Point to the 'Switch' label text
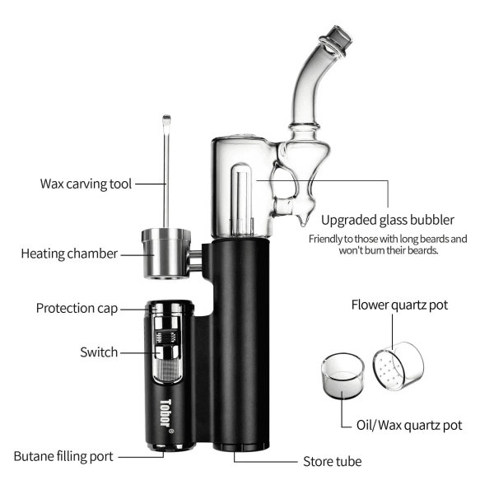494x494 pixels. (99, 352)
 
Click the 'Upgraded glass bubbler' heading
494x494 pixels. (386, 220)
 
